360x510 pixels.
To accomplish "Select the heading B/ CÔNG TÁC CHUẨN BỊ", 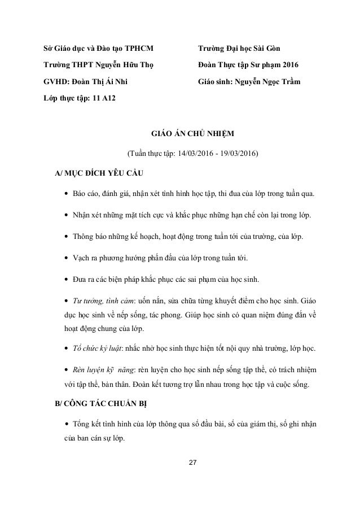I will pyautogui.click(x=105, y=406).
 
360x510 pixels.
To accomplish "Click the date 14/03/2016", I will pyautogui.click(x=196, y=152).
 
